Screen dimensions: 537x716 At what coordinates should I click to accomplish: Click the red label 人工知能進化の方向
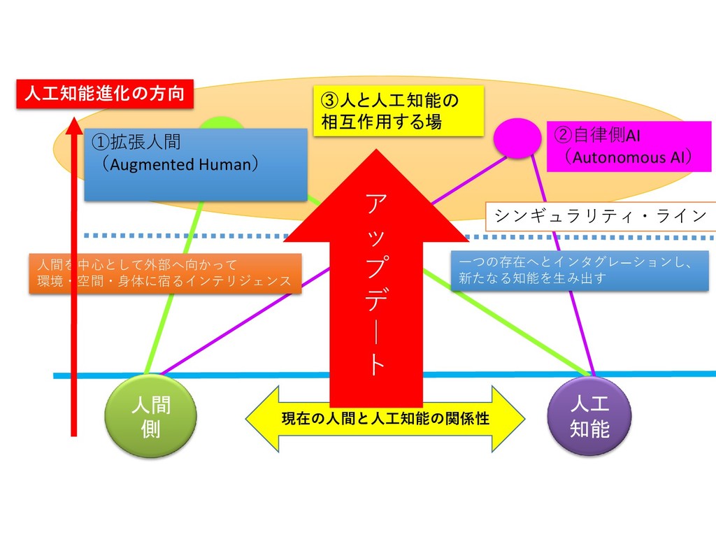point(104,94)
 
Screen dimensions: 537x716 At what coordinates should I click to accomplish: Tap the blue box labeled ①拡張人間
point(196,164)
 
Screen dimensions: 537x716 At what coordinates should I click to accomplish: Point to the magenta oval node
point(517,138)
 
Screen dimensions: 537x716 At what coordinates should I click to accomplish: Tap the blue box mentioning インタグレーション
point(579,271)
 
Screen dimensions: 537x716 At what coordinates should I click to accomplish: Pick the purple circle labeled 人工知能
point(589,416)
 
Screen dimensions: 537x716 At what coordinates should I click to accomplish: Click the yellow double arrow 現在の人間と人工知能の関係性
point(385,419)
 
